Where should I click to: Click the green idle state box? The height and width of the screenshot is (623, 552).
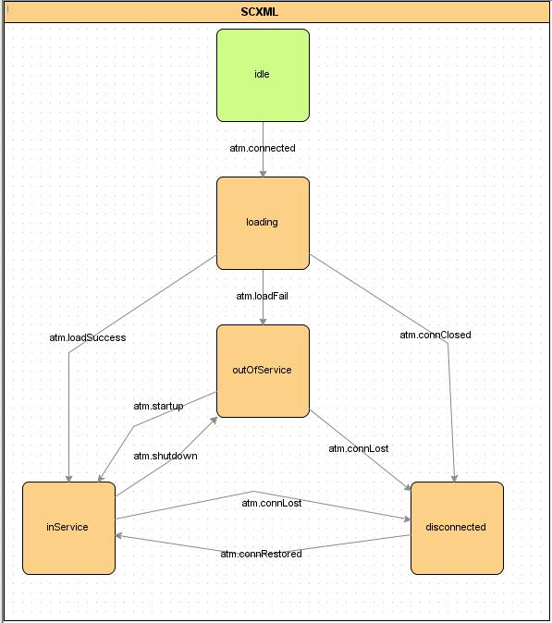(x=263, y=75)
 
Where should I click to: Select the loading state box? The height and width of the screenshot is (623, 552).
(x=263, y=224)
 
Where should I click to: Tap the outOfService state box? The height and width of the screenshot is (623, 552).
(x=263, y=371)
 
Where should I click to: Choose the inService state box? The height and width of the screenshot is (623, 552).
(x=68, y=528)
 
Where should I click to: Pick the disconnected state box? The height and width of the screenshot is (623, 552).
(x=457, y=528)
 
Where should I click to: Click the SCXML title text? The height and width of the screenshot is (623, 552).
(x=260, y=12)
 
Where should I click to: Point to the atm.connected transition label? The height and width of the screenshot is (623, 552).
(x=263, y=148)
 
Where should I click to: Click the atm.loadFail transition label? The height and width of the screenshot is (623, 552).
(x=262, y=296)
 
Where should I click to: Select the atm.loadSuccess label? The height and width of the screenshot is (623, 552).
(x=88, y=337)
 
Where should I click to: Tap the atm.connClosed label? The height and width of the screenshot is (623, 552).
(x=435, y=335)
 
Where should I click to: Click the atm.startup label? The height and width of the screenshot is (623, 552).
(x=158, y=407)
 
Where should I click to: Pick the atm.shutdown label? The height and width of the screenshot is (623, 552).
(x=166, y=456)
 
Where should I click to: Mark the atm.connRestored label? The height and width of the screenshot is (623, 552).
(x=261, y=554)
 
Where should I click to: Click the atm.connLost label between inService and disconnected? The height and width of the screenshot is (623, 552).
(x=272, y=503)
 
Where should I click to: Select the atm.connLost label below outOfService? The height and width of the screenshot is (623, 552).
(x=359, y=448)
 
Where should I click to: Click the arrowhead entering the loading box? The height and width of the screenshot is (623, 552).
(x=263, y=174)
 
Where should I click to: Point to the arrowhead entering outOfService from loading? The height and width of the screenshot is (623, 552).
(x=263, y=322)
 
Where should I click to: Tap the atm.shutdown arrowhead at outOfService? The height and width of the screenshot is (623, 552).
(x=214, y=421)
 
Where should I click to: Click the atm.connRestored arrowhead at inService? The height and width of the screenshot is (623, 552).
(x=119, y=536)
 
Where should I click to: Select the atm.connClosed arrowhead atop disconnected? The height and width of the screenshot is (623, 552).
(x=455, y=479)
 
